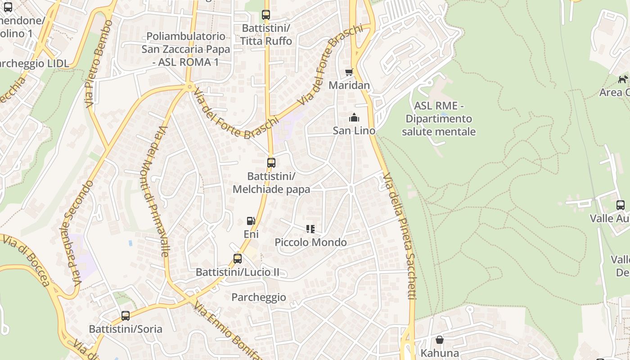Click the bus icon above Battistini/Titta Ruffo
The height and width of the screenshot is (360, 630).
(x=266, y=15)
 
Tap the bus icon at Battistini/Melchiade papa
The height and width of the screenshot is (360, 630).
(x=271, y=163)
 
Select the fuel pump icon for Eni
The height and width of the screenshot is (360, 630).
(x=251, y=221)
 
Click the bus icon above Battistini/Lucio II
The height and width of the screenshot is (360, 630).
(x=238, y=259)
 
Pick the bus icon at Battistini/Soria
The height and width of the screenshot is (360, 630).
(x=126, y=316)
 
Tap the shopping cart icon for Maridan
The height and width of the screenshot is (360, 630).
(x=349, y=72)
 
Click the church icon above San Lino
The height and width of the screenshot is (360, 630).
(x=354, y=118)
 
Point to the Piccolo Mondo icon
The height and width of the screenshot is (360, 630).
(x=310, y=229)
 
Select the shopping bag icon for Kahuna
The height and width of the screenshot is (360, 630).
(x=440, y=340)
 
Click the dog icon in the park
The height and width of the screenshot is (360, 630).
(x=623, y=80)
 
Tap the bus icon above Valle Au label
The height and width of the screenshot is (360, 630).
(x=621, y=205)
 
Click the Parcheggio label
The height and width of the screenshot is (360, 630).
(x=258, y=297)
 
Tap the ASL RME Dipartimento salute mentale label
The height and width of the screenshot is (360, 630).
(x=438, y=119)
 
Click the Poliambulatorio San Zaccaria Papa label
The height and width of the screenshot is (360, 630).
(x=186, y=49)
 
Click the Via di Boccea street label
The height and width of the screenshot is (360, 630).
(x=27, y=261)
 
